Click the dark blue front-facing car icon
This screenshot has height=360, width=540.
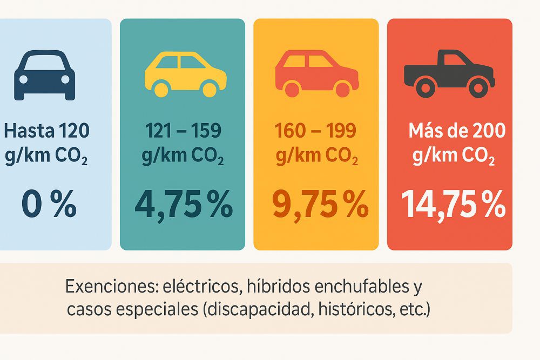[44, 76]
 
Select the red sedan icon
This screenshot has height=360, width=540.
[316, 74]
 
